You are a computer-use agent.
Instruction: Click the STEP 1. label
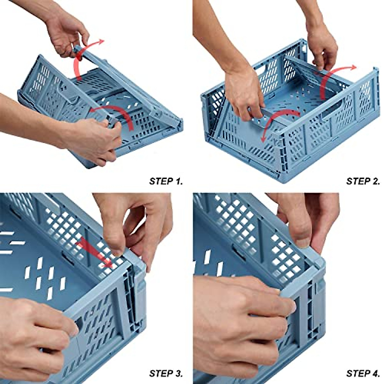[166, 181]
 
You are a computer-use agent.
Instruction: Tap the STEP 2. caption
[363, 181]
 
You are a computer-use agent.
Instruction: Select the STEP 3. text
[166, 373]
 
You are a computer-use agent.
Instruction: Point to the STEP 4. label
[363, 373]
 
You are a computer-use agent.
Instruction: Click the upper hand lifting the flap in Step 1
[66, 32]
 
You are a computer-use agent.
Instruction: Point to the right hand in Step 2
[322, 48]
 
